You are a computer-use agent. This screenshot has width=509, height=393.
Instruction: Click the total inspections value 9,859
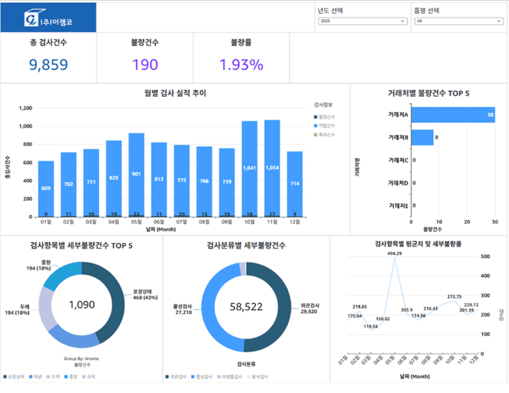pos(48,65)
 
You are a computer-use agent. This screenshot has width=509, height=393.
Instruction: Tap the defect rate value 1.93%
pos(241,65)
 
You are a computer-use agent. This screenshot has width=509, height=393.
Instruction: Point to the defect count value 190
pos(145,65)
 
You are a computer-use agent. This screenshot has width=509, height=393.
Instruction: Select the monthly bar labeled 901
pos(136,173)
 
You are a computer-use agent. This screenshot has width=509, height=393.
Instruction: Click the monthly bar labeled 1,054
pos(272,168)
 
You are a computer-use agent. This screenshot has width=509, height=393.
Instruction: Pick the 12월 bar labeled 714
pos(295,184)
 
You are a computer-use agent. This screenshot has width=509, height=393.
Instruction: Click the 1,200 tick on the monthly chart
pos(25,109)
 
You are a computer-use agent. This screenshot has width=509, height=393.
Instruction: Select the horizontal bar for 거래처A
pos(453,115)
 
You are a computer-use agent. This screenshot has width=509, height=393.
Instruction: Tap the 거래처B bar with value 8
pos(422,138)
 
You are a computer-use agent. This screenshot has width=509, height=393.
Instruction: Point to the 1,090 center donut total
pos(81,305)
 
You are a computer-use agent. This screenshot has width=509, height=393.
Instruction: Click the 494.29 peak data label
pos(394,253)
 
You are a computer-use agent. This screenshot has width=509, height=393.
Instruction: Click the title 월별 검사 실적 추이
pos(175,93)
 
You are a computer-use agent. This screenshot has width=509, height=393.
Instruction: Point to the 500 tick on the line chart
pos(487,256)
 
